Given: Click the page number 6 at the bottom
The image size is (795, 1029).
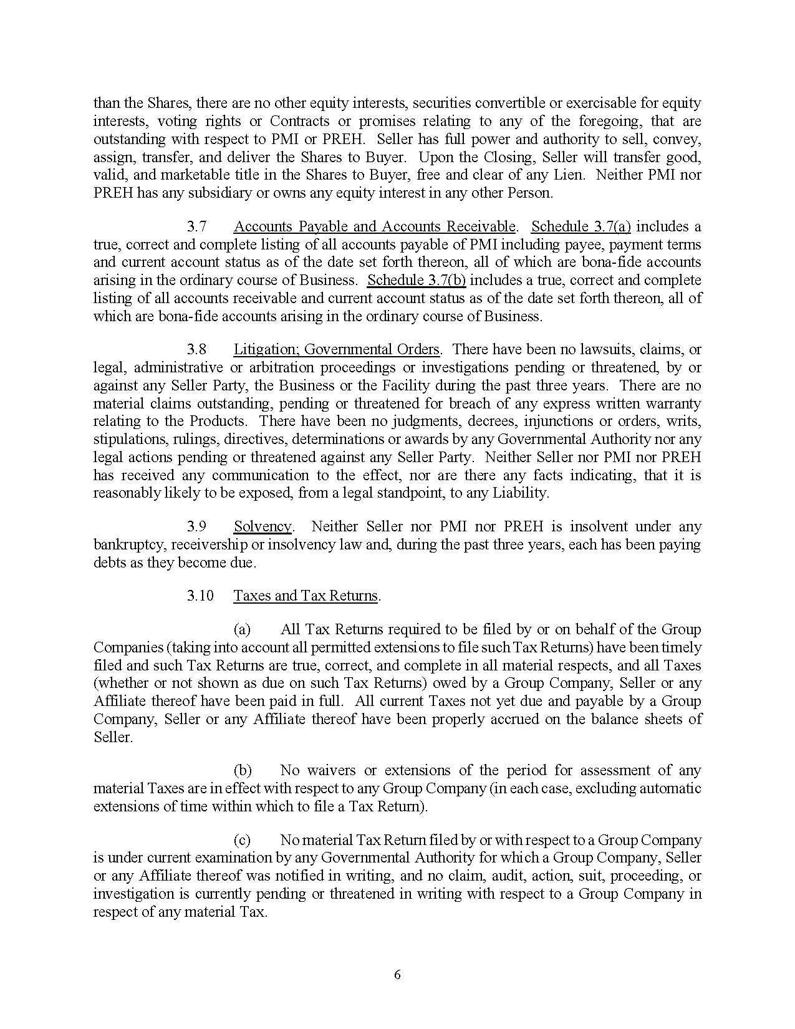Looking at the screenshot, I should [x=397, y=975].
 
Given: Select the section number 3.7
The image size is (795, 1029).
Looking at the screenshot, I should [x=196, y=226].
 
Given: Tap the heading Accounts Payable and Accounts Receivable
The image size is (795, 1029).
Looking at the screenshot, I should [x=375, y=226].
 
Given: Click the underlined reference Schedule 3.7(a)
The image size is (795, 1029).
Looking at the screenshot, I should [x=581, y=226].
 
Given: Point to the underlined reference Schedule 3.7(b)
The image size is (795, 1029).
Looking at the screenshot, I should [x=417, y=280].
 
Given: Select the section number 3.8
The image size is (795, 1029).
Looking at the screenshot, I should [x=196, y=349].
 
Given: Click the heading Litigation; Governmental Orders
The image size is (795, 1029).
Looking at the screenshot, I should [x=337, y=349].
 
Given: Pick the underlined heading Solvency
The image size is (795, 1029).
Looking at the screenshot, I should [x=263, y=526].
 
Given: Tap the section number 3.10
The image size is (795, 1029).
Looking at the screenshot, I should [x=200, y=596].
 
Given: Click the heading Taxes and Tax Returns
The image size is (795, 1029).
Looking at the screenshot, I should [x=306, y=596].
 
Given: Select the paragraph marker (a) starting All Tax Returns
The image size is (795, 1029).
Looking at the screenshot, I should [x=243, y=629].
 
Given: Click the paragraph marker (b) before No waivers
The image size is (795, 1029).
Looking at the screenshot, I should [x=243, y=770].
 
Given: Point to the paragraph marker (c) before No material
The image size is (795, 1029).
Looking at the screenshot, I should [x=243, y=840].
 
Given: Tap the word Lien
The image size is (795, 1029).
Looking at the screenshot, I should [x=572, y=175].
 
